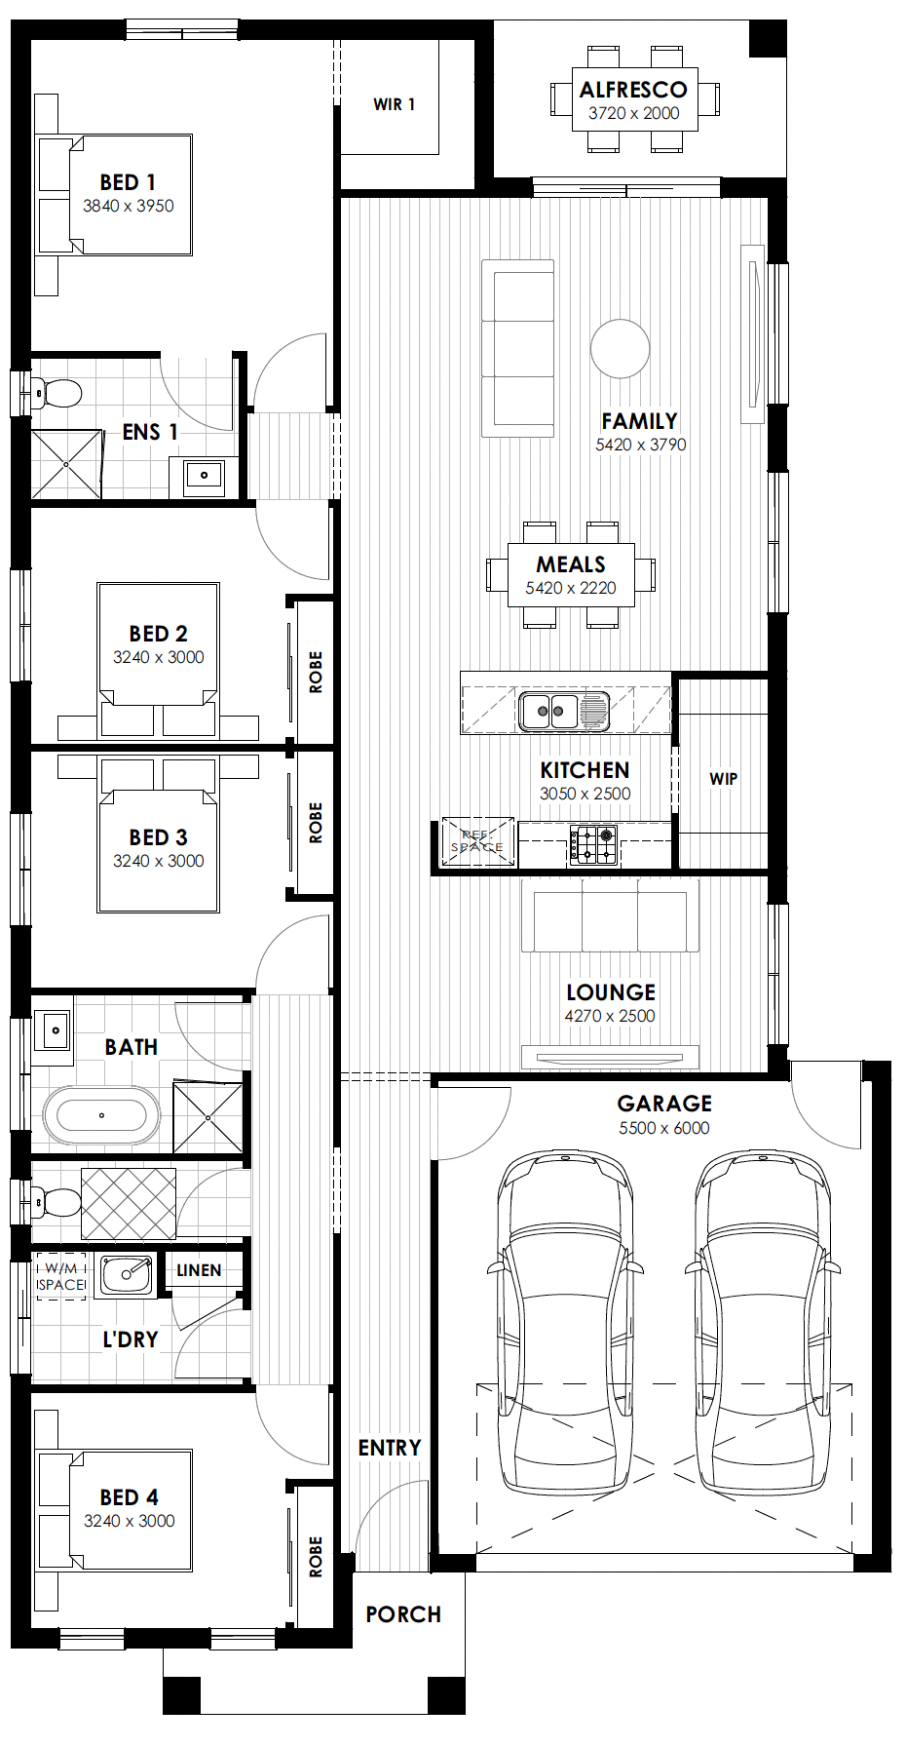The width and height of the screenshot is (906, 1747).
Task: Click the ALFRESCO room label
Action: click(x=633, y=90)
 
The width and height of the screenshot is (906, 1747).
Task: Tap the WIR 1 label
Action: click(x=395, y=104)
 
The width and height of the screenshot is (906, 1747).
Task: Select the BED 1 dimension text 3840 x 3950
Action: click(x=129, y=206)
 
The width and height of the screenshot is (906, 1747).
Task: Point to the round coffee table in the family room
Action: click(x=621, y=348)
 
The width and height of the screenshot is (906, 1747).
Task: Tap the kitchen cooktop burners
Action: click(x=593, y=845)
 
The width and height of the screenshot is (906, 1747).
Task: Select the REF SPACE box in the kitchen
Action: click(x=477, y=841)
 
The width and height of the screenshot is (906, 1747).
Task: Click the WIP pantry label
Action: click(x=724, y=779)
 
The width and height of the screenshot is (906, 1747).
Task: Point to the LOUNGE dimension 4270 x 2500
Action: click(x=610, y=1016)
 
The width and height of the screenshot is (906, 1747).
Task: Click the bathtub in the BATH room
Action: click(x=101, y=1114)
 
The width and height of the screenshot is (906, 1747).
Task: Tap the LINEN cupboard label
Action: click(x=199, y=1270)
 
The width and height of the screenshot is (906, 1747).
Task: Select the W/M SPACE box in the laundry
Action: click(x=60, y=1276)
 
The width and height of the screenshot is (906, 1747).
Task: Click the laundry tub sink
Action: click(x=127, y=1275)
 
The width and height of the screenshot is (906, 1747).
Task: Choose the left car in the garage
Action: click(x=565, y=1321)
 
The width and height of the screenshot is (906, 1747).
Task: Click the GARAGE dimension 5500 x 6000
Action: click(x=664, y=1128)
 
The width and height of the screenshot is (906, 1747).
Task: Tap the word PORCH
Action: click(x=403, y=1614)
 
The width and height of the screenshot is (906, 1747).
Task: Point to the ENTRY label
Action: click(x=390, y=1448)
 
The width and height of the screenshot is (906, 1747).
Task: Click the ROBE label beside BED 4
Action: click(x=316, y=1557)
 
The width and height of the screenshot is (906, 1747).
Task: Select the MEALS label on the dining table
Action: click(x=571, y=564)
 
